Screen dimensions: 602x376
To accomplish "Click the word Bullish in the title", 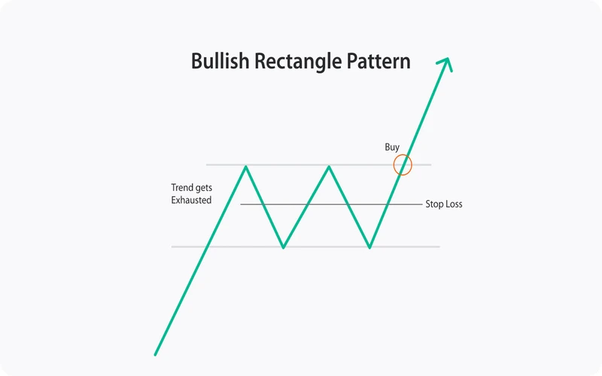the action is [220, 61].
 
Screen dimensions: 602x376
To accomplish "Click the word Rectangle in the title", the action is [298, 61].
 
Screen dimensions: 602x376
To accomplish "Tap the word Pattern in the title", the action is [379, 61].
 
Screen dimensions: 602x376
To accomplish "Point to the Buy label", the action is [392, 147].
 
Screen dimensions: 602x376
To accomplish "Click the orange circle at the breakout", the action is [394, 165].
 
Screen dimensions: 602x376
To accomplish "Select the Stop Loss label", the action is [444, 204].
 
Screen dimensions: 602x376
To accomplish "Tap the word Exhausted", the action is [191, 200].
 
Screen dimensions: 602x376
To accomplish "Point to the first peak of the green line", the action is [246, 166].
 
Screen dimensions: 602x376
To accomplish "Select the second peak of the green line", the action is [329, 166].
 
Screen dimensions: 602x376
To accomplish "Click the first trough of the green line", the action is [284, 247].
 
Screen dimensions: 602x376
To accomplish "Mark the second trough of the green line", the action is [369, 247].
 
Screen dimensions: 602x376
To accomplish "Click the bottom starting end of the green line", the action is [155, 355].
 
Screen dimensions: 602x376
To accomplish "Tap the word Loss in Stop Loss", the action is [454, 204].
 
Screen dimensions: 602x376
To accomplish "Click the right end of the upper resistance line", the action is [430, 165].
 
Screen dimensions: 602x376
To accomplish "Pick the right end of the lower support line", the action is [439, 247].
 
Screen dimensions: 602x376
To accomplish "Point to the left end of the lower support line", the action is [172, 247].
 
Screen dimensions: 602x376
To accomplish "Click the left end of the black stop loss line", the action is [241, 204].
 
